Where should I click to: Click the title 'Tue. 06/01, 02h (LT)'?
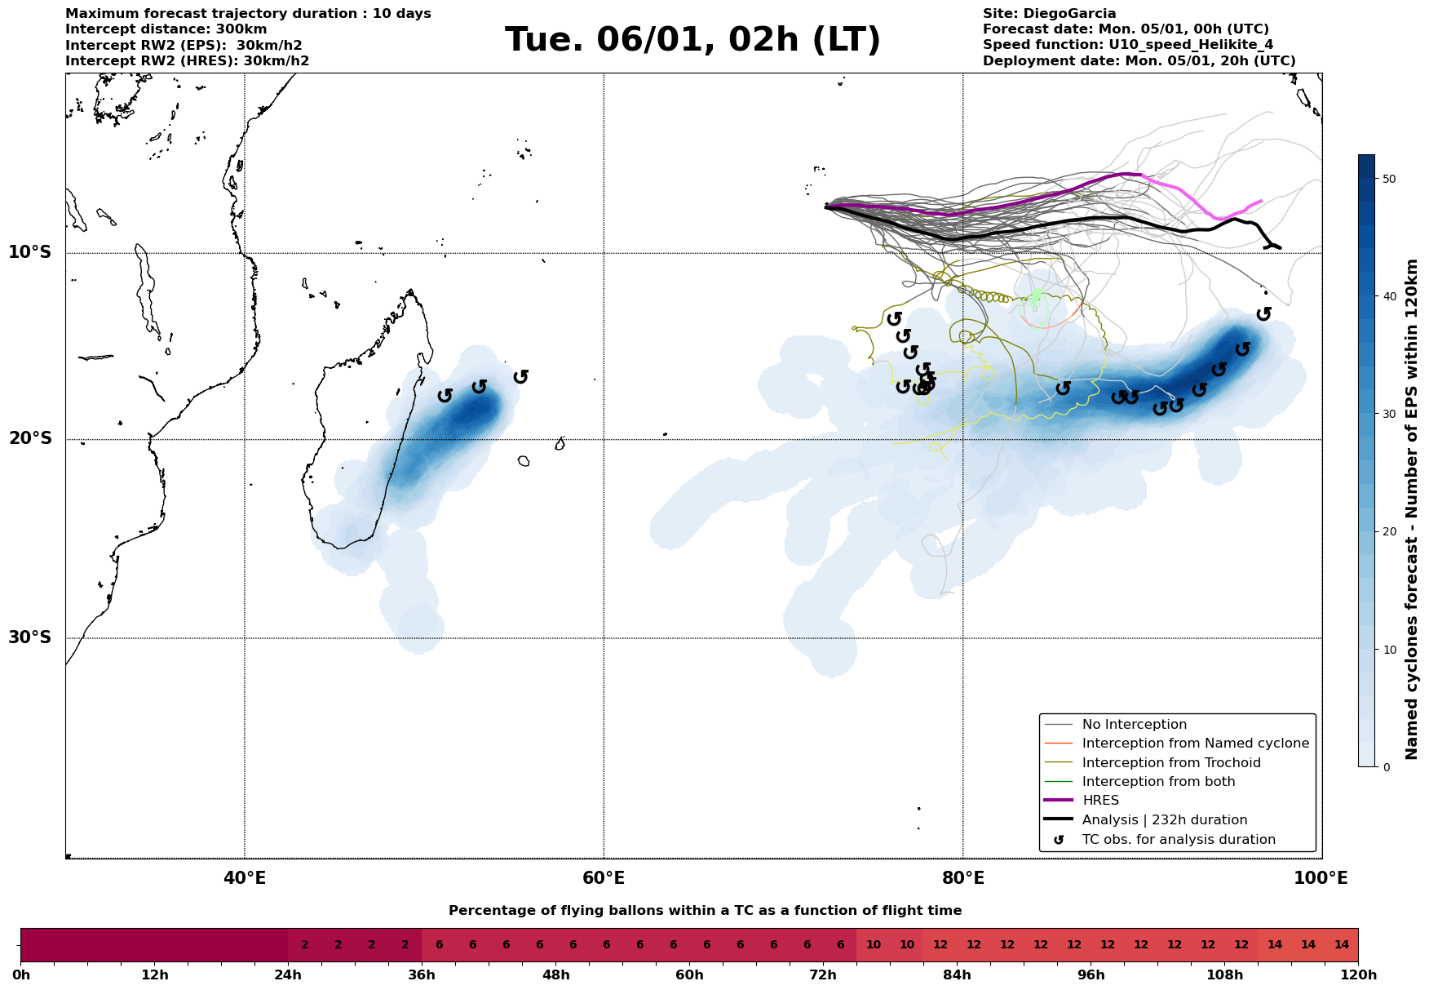tap(692, 40)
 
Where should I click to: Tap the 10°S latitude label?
tap(30, 252)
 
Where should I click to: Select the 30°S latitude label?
tap(30, 637)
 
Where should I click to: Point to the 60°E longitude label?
tap(604, 878)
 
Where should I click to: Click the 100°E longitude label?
tap(1321, 878)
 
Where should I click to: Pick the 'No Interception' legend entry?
tap(1134, 725)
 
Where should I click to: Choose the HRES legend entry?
tap(1100, 801)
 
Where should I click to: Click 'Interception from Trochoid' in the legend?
tap(1170, 763)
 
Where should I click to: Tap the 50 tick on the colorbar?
tap(1390, 179)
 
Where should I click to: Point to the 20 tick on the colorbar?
tap(1390, 532)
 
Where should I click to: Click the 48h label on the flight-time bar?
tap(556, 975)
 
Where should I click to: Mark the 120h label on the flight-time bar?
tap(1358, 975)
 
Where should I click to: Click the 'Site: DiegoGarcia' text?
tap(1049, 14)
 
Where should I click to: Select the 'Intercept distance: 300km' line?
tap(166, 29)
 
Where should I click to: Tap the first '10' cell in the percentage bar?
tap(873, 945)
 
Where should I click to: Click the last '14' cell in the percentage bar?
tap(1341, 945)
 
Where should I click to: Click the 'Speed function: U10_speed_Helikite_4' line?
tap(1127, 45)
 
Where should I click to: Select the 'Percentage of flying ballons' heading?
tap(705, 911)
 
